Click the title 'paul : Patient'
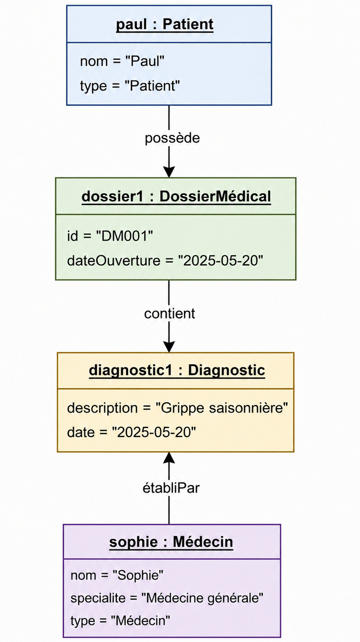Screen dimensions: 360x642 (x=165, y=24)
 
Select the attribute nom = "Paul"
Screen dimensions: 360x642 (x=122, y=61)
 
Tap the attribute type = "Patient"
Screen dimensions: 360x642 (x=130, y=86)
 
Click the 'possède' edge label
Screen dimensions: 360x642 (x=172, y=138)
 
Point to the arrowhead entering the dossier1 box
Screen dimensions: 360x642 (x=169, y=172)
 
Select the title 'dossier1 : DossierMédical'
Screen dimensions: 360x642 (x=176, y=196)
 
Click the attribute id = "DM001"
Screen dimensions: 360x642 (x=110, y=236)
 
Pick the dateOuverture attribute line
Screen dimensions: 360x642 (x=165, y=261)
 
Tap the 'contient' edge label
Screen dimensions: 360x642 (x=170, y=313)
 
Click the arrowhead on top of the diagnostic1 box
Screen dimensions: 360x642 (x=169, y=347)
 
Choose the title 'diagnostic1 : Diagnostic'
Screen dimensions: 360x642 (x=177, y=370)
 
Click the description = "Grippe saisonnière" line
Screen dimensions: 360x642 (x=177, y=408)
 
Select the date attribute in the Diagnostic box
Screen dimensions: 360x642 (x=131, y=432)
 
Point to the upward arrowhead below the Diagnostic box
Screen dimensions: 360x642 (x=169, y=458)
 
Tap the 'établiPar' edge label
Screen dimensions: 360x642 (x=171, y=488)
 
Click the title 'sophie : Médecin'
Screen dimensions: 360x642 (x=171, y=542)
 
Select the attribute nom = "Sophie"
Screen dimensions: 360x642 (x=117, y=575)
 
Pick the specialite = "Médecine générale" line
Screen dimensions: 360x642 (x=166, y=598)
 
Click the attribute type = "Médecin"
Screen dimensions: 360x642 (x=120, y=621)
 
